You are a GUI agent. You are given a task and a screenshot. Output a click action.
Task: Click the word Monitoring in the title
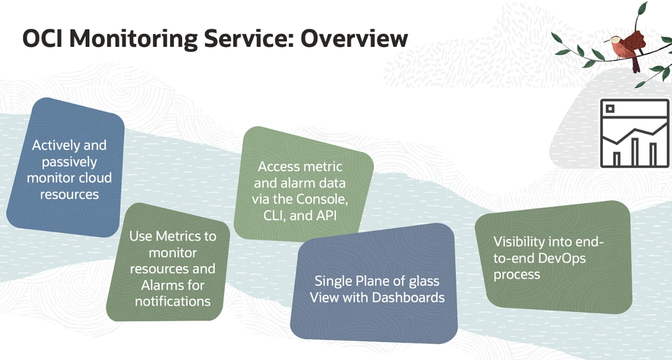point(133,38)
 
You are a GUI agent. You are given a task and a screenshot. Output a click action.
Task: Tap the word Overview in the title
point(354,38)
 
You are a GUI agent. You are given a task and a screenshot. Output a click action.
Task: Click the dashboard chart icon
point(634,133)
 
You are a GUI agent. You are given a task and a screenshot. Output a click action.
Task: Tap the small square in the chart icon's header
point(610,109)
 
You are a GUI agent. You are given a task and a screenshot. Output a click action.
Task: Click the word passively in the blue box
point(69,162)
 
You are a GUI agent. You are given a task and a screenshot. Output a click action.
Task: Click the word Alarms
point(158,285)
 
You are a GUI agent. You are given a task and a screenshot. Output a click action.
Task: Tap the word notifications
point(173,301)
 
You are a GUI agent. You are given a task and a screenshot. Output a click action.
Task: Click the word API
point(326,215)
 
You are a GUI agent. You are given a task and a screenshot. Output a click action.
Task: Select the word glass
point(424,281)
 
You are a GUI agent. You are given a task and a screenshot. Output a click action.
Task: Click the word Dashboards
point(409,298)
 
